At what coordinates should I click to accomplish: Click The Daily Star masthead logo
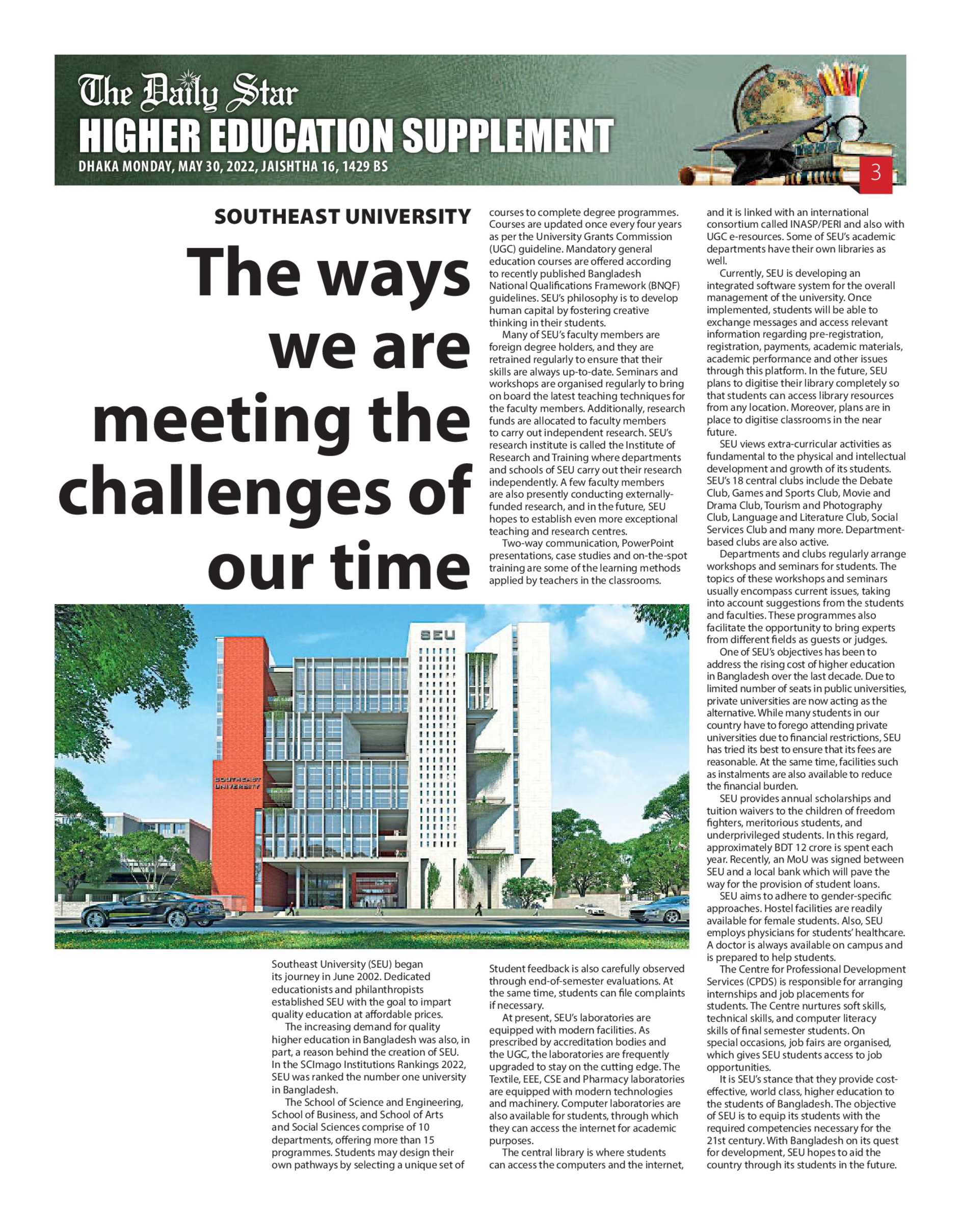188,93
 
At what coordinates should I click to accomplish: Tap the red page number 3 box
875,172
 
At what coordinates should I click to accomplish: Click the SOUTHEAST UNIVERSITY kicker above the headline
342,217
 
